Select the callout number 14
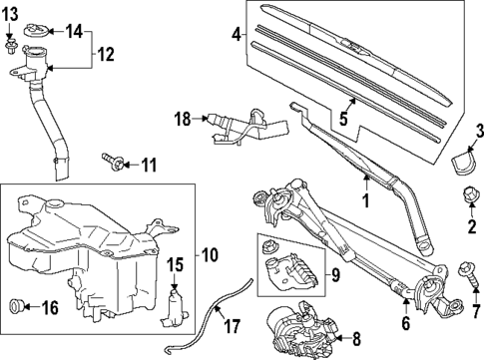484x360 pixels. (x=74, y=31)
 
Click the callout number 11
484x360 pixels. (x=149, y=164)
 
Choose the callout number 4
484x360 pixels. (x=237, y=36)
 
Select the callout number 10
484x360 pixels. (x=209, y=254)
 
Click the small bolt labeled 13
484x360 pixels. (x=11, y=46)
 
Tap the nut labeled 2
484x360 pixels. (x=468, y=195)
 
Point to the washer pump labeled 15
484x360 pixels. (x=176, y=304)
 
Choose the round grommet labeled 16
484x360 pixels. (x=17, y=304)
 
